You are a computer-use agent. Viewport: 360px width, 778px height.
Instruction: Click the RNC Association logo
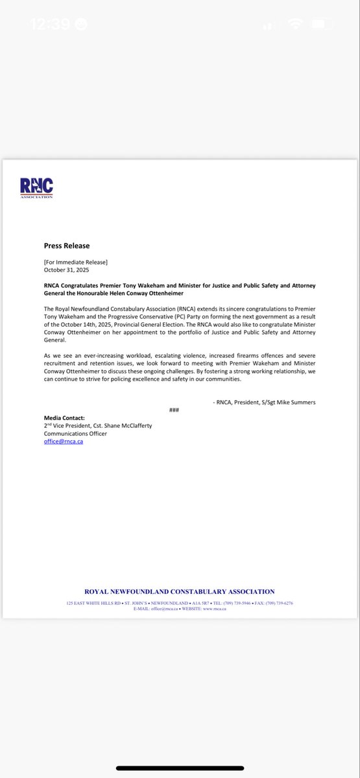click(x=37, y=187)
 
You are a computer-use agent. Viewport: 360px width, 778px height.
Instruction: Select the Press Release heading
click(x=67, y=246)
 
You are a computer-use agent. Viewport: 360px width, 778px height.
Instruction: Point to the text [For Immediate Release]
click(x=76, y=261)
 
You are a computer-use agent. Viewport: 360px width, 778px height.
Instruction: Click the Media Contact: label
click(x=64, y=418)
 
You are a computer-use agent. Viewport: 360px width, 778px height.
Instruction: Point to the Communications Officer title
click(x=75, y=434)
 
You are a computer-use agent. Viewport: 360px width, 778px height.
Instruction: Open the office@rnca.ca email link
click(x=64, y=442)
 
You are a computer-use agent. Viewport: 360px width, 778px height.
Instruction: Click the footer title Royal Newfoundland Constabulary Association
click(x=180, y=591)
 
